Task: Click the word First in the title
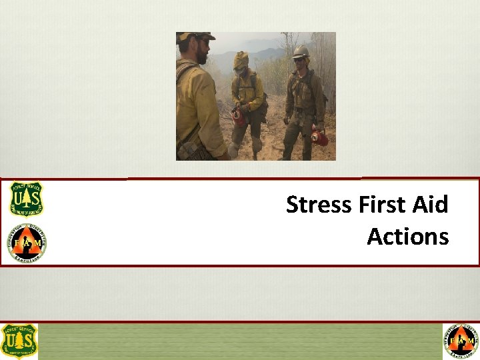(x=383, y=205)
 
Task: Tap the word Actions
(x=407, y=237)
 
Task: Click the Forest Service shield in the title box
(x=26, y=199)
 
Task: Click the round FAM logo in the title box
(x=26, y=243)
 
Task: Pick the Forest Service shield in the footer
(x=19, y=341)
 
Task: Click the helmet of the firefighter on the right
(x=301, y=51)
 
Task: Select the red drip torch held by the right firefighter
(x=320, y=138)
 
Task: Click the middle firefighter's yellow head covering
(x=241, y=60)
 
